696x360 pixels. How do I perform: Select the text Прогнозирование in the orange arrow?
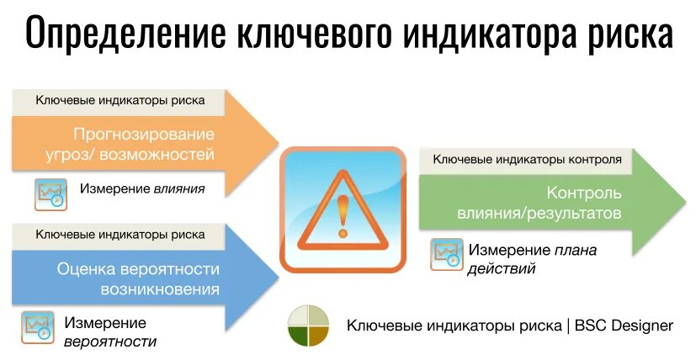click(143, 134)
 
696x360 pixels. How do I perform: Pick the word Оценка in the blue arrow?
click(86, 269)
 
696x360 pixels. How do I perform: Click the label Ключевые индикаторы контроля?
click(528, 158)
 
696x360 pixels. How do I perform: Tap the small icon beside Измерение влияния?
click(50, 193)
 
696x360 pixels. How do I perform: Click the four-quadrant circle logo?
click(308, 326)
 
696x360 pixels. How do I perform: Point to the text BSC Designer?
click(624, 326)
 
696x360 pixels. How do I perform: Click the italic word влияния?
click(179, 188)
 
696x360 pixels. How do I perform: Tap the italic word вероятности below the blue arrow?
click(110, 341)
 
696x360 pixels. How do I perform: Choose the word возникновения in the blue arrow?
click(160, 290)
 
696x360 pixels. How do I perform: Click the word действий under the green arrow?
click(502, 269)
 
